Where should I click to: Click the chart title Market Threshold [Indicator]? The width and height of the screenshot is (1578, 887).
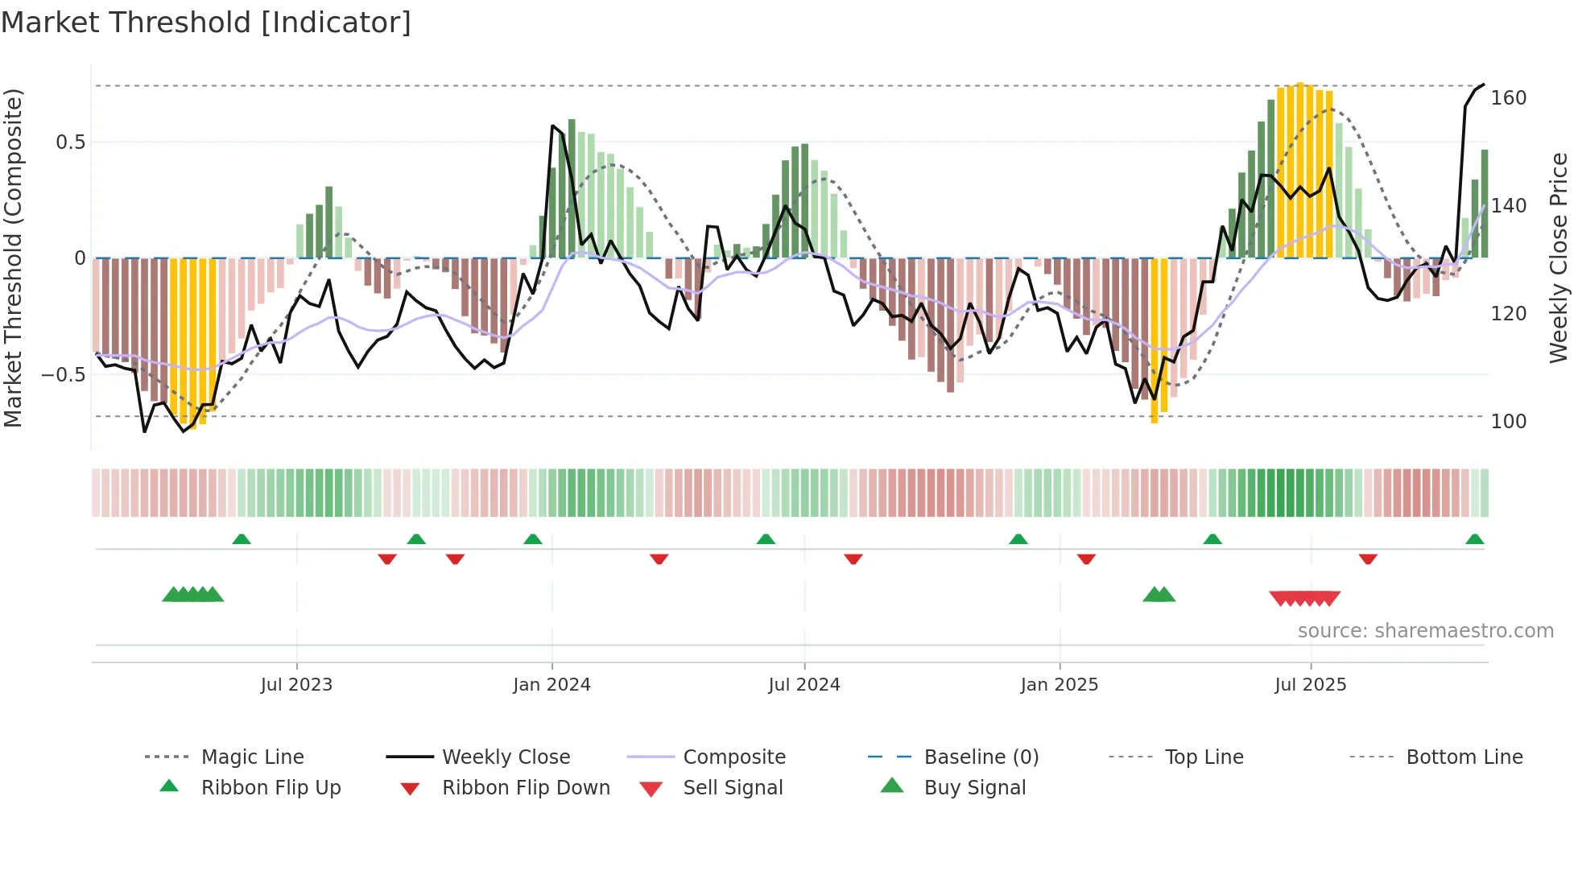[206, 23]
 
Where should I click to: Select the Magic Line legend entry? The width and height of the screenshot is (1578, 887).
[252, 757]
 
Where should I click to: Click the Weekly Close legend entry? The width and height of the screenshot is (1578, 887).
[506, 757]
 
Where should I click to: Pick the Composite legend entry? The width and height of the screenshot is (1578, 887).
[734, 757]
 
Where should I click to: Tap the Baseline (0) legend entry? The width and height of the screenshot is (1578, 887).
[981, 757]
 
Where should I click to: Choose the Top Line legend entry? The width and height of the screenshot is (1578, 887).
[1204, 757]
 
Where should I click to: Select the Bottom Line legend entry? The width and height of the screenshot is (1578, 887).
[1464, 757]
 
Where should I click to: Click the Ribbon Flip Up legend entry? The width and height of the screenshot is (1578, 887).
[271, 788]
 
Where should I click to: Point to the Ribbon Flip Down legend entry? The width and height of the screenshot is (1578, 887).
[526, 788]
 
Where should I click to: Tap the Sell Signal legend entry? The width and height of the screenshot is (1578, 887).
[733, 788]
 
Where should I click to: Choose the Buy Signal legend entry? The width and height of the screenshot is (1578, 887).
[974, 788]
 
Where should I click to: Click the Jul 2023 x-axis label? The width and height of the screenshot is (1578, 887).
[296, 685]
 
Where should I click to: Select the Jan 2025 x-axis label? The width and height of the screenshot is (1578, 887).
[1059, 685]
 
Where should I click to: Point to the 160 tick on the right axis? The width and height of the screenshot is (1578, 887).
[1508, 98]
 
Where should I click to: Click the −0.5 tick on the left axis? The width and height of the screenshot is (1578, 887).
[63, 375]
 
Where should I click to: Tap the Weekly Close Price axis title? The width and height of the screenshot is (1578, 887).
[1559, 258]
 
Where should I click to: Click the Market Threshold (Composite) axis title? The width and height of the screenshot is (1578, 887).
[13, 258]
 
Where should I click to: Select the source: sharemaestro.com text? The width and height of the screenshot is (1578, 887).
[1425, 631]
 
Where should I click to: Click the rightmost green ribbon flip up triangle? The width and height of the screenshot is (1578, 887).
[1474, 539]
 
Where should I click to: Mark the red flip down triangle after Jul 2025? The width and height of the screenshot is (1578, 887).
[1368, 559]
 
